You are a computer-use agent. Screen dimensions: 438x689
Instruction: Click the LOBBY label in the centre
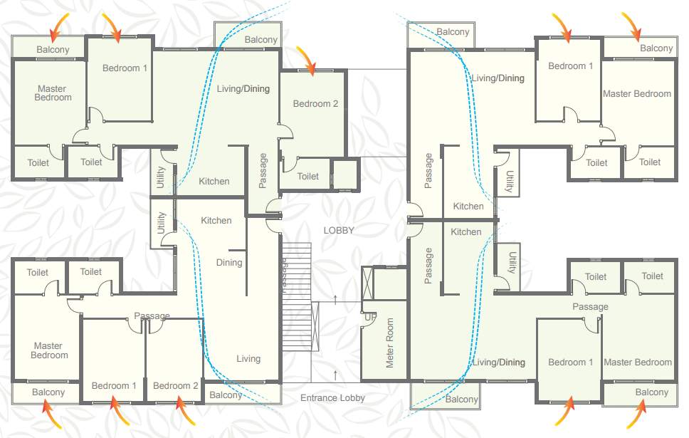point(338,230)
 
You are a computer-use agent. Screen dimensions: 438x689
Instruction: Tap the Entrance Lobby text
point(332,398)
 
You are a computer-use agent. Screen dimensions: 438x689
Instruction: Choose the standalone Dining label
point(229,262)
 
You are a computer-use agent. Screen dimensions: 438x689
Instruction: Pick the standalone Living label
point(248,359)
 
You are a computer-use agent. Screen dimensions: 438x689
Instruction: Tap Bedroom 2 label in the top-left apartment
point(315,103)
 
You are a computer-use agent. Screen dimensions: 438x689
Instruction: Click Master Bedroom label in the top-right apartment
point(637,93)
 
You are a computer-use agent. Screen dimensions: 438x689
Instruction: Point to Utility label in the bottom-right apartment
point(512,261)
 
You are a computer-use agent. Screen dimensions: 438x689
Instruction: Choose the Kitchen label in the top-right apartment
point(468,206)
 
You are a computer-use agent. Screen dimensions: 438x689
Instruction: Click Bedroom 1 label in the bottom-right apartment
point(570,362)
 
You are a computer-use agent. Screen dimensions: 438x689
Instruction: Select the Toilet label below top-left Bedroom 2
point(308,176)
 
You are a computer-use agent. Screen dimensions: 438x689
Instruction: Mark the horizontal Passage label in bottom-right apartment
point(590,307)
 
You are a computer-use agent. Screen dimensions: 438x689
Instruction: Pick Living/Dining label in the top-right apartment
point(498,78)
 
